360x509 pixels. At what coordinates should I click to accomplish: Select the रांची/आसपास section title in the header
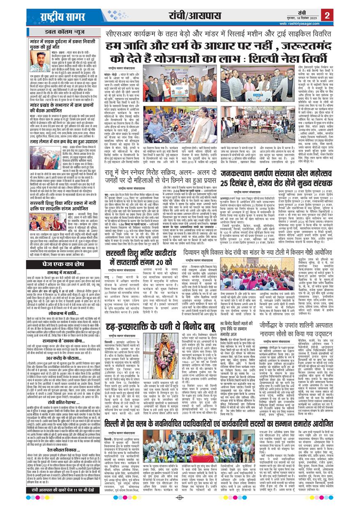[x=191, y=16]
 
